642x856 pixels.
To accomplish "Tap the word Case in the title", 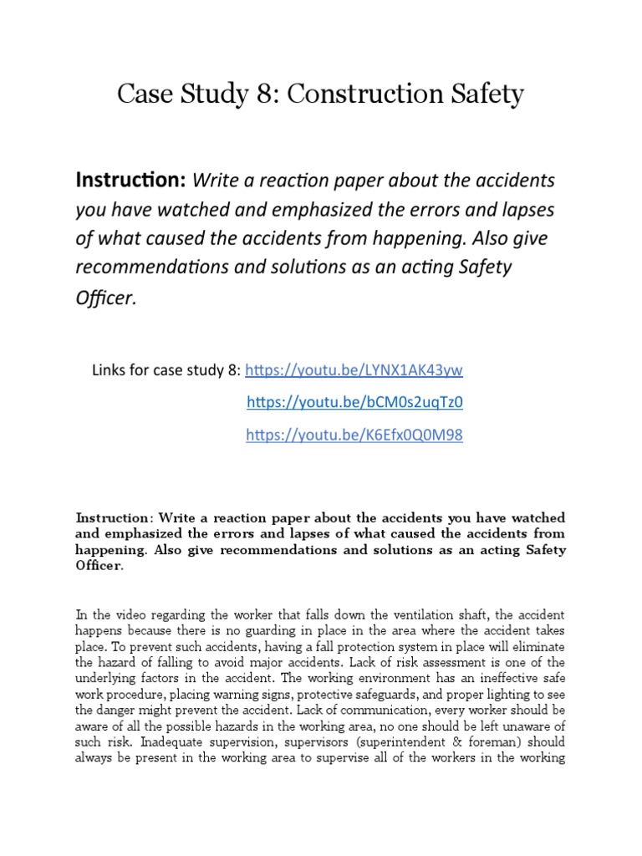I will click(143, 94).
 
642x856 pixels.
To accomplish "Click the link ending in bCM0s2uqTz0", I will click(354, 402).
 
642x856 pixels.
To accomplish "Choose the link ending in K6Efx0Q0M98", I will click(354, 435).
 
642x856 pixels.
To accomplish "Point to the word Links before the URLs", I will click(111, 369).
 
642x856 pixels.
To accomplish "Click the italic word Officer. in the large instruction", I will click(105, 298).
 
